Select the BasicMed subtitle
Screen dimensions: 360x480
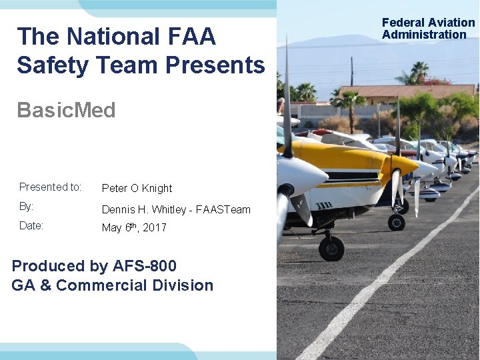66,110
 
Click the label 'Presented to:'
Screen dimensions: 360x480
50,187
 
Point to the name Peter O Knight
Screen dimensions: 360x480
137,189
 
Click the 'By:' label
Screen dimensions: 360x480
27,207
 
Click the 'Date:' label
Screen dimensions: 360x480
31,225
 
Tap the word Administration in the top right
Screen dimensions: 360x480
424,35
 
